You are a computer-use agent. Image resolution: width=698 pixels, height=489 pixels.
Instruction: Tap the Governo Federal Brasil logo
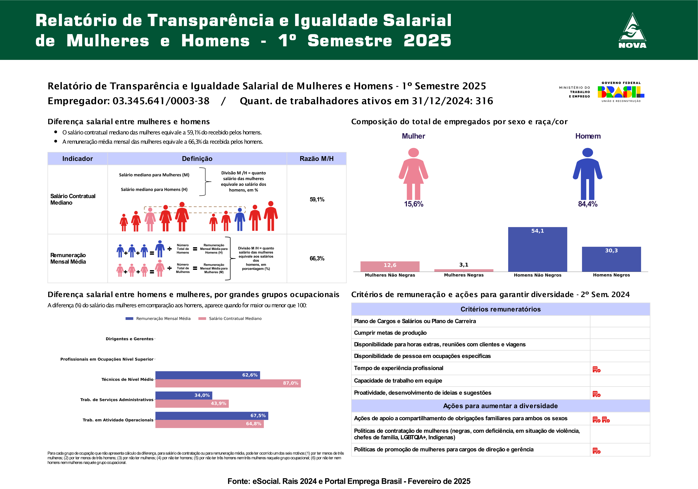tap(621, 92)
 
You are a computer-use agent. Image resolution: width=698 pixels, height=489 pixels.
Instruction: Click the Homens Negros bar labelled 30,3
tap(611, 259)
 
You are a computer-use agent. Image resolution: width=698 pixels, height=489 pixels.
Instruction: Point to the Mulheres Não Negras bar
tap(390, 266)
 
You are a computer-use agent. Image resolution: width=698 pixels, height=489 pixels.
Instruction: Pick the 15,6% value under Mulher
tap(413, 204)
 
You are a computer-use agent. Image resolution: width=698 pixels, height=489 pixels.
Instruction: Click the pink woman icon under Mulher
tap(413, 173)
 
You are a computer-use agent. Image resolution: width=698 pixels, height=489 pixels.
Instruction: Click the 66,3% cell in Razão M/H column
tap(317, 258)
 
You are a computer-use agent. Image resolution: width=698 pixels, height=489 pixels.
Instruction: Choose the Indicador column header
tap(78, 158)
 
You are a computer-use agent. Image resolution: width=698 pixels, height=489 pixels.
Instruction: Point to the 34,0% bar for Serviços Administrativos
tap(184, 395)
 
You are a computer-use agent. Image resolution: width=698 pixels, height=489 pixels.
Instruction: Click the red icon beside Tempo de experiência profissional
tap(596, 369)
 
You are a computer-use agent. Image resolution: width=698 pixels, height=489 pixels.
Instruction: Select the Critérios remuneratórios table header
tap(500, 309)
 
